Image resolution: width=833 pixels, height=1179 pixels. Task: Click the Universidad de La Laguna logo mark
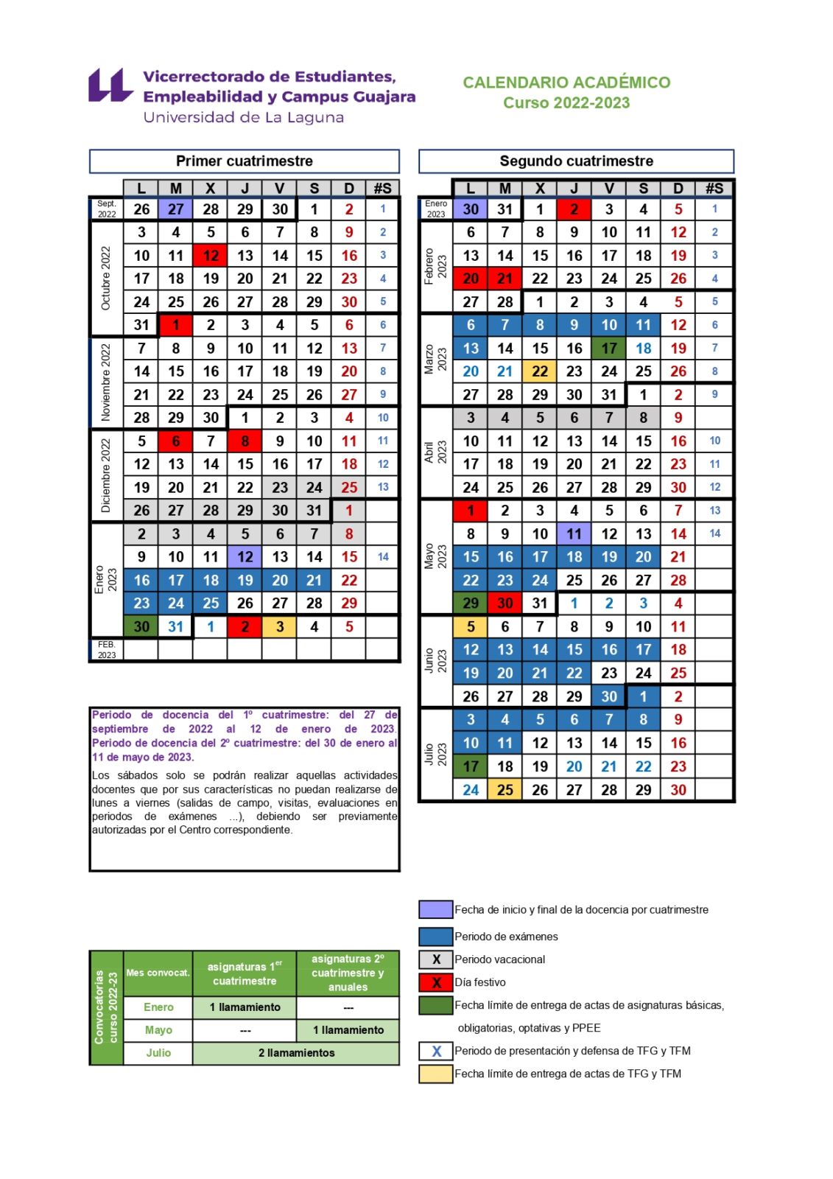[x=110, y=85]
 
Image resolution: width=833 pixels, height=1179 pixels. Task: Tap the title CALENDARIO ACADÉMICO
[x=566, y=83]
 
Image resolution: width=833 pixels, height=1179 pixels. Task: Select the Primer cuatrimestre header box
[x=244, y=161]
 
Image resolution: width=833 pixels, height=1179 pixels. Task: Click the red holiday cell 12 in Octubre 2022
[x=211, y=256]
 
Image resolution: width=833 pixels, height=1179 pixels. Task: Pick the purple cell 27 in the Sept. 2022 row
[x=175, y=209]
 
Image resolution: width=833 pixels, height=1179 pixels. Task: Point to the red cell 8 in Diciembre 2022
[x=245, y=441]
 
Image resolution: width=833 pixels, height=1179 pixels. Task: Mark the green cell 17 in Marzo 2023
[x=609, y=349]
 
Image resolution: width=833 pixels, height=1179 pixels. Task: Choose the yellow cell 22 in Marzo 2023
[x=540, y=371]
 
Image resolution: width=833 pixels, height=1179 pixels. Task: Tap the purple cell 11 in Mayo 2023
[x=574, y=534]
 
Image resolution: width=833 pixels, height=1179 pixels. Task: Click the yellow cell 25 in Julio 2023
[x=505, y=790]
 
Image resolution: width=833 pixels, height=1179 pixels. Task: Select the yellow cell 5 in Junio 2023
[x=471, y=627]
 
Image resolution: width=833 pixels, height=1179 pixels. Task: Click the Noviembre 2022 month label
[x=106, y=383]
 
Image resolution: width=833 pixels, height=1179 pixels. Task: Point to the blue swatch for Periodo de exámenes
[x=435, y=937]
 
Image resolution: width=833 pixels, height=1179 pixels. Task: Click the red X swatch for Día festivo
[x=435, y=982]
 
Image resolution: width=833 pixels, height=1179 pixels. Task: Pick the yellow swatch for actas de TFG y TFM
[x=435, y=1074]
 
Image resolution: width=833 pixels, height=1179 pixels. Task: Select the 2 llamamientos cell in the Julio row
[x=296, y=1053]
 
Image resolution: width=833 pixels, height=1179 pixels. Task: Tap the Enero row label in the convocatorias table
[x=158, y=1007]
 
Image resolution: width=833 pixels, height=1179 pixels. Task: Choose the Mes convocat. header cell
[x=158, y=973]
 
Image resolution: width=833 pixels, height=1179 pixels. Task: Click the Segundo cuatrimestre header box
[x=576, y=161]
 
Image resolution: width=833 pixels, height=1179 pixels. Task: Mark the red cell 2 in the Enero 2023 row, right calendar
[x=574, y=209]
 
